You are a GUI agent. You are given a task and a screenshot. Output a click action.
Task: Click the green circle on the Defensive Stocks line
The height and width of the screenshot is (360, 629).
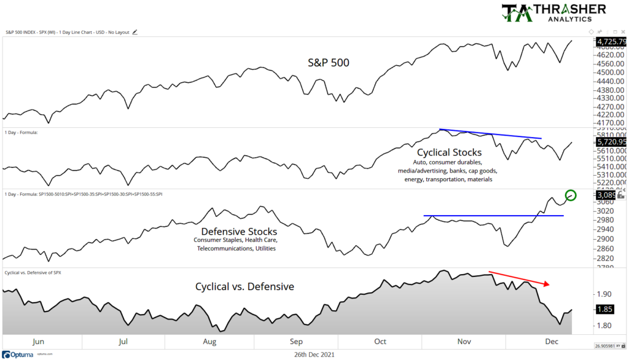(x=571, y=195)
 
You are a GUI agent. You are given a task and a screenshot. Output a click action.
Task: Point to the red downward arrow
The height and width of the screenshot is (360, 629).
(x=519, y=278)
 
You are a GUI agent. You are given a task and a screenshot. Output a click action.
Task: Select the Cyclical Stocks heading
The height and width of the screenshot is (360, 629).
(x=449, y=152)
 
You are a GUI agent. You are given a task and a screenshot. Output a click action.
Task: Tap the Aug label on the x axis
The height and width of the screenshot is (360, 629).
(x=209, y=342)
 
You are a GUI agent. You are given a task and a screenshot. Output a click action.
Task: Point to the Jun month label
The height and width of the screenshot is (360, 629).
(x=37, y=342)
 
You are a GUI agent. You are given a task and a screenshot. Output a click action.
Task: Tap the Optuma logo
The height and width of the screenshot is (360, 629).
(x=19, y=354)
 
